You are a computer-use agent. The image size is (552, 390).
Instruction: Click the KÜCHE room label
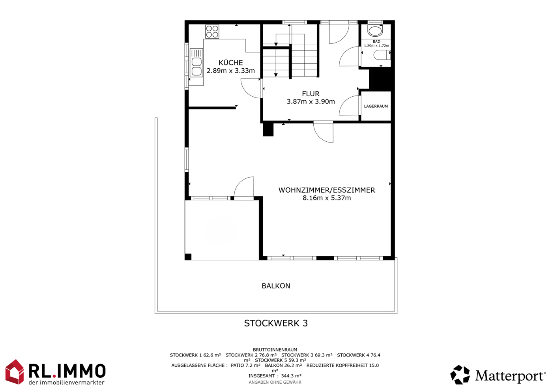pos(231,62)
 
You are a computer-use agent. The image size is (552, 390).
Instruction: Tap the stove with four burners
pos(212,32)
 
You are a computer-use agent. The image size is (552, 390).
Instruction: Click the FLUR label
pos(311,94)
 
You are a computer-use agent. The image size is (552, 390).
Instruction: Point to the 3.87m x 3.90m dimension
pos(311,101)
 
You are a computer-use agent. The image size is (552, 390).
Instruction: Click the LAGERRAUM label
pos(376,106)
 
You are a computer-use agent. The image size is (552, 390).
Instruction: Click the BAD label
pos(376,41)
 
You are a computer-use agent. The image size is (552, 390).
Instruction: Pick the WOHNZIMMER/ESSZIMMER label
pos(327,190)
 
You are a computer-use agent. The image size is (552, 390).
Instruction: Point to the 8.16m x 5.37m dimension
pos(327,198)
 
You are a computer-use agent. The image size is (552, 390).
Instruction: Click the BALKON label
pos(276,286)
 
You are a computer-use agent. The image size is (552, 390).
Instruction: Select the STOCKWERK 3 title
pos(276,323)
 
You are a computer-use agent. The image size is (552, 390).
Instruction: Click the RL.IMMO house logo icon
pos(15,372)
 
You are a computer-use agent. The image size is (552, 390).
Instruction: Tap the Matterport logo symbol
pos(460,375)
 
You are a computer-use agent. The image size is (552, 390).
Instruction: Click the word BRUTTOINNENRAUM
pos(275,350)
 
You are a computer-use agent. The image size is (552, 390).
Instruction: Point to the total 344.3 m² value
pos(291,376)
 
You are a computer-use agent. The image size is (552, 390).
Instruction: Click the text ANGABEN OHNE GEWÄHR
pos(275,382)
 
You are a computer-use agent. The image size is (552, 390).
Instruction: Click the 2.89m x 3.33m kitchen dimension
pos(231,71)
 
